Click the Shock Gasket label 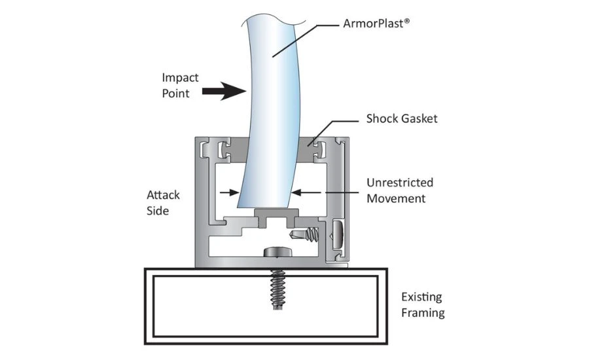[401, 119]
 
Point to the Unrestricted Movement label [399, 190]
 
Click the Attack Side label [163, 203]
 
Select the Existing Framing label [422, 305]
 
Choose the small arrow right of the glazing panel [300, 192]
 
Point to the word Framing [423, 313]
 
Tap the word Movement [396, 198]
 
